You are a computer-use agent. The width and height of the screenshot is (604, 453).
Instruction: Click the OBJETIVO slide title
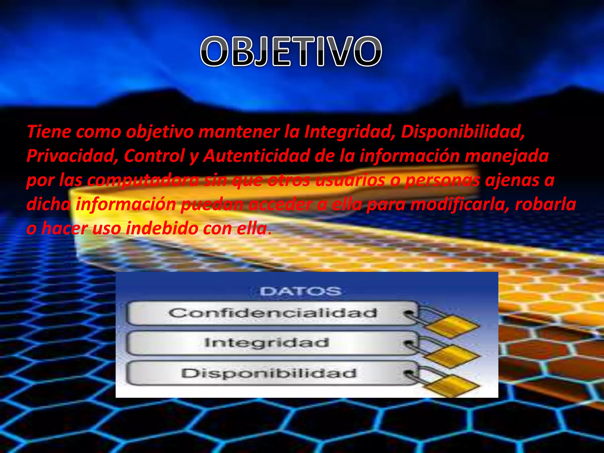291,51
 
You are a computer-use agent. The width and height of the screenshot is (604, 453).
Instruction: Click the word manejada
506,156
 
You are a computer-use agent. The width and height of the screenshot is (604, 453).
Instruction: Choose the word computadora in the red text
143,180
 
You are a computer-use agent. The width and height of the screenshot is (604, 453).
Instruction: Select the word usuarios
350,180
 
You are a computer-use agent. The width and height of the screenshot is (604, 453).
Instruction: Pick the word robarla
545,204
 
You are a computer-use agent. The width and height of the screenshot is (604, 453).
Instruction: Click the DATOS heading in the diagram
301,291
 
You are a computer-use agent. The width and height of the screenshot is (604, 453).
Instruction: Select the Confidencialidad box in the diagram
273,313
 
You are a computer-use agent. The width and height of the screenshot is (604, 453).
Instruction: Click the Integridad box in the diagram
267,343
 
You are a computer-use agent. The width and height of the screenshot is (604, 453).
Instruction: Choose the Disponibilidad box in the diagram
269,373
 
